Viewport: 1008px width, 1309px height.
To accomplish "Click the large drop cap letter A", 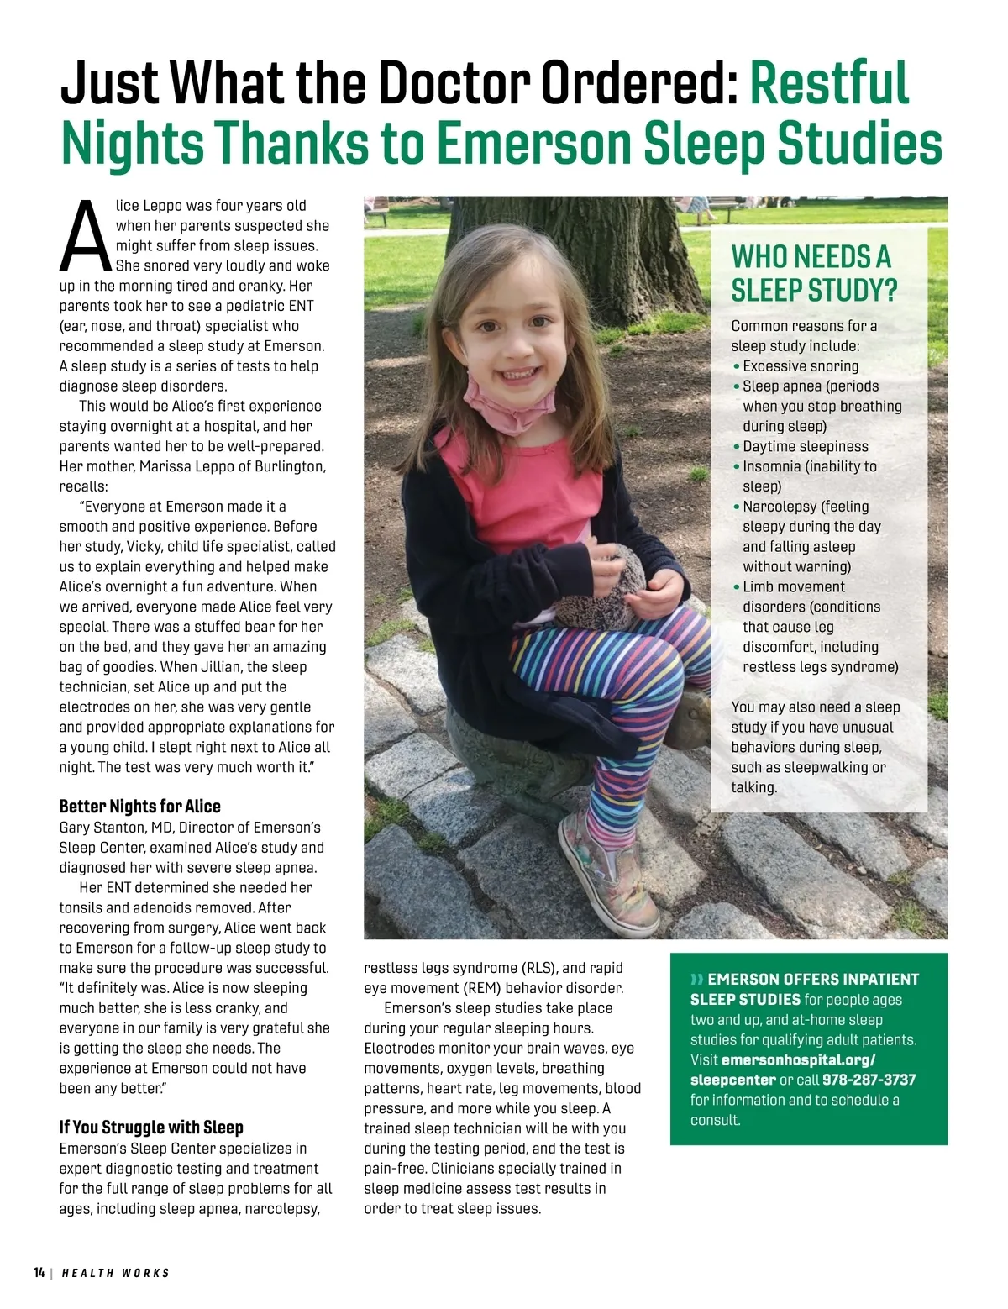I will tap(84, 238).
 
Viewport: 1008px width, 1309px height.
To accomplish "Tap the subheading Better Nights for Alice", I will tap(139, 807).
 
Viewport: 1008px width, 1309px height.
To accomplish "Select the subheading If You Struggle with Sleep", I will tap(151, 1128).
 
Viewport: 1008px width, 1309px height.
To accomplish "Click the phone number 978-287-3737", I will tap(869, 1080).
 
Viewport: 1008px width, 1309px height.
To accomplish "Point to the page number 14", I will tap(39, 1273).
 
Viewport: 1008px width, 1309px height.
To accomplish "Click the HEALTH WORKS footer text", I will tap(116, 1273).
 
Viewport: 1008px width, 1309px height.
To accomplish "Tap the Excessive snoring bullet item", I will tap(800, 366).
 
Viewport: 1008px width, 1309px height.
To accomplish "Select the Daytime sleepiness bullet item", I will tap(805, 446).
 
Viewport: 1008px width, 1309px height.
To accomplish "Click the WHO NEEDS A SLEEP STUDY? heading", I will tap(813, 273).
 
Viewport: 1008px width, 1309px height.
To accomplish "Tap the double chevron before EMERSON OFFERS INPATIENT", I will tap(696, 980).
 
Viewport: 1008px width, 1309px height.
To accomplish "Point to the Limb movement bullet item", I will tap(793, 586).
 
